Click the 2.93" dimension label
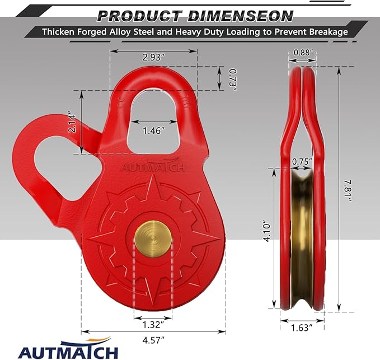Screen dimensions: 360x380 (153, 57)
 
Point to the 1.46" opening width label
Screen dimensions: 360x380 (153, 130)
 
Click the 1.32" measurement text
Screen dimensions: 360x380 (152, 324)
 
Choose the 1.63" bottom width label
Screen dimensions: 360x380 (303, 329)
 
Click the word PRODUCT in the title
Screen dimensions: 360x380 (132, 15)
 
